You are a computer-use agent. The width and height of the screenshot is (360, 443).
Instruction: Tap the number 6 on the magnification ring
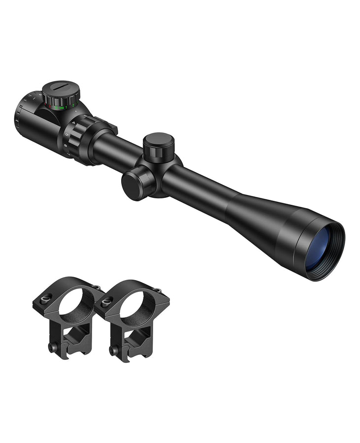[65, 145]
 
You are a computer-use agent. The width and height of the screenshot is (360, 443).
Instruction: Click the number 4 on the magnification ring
[74, 122]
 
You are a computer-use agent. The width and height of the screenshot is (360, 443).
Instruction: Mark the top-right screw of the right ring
[158, 290]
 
